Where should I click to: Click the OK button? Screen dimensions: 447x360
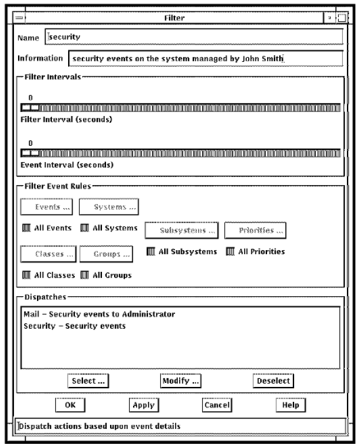point(70,405)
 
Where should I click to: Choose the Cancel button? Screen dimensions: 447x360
point(217,405)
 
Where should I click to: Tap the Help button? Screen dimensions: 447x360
point(291,405)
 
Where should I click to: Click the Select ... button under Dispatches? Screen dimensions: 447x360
point(88,381)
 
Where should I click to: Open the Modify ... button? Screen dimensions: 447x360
point(180,381)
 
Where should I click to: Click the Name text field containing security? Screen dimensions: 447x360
point(194,37)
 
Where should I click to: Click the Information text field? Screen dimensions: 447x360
point(206,58)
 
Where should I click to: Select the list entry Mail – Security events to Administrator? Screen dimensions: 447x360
point(99,314)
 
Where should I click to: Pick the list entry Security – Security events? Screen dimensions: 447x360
point(74,326)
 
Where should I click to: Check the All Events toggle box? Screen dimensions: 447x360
point(27,228)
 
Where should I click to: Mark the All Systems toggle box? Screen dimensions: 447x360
point(84,228)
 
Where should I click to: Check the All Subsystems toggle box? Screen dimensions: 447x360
point(151,251)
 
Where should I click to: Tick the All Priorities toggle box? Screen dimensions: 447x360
point(230,251)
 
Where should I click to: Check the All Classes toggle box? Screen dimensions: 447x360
point(27,275)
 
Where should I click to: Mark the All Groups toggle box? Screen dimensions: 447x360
point(84,275)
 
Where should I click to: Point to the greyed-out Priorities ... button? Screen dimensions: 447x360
point(255,230)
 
